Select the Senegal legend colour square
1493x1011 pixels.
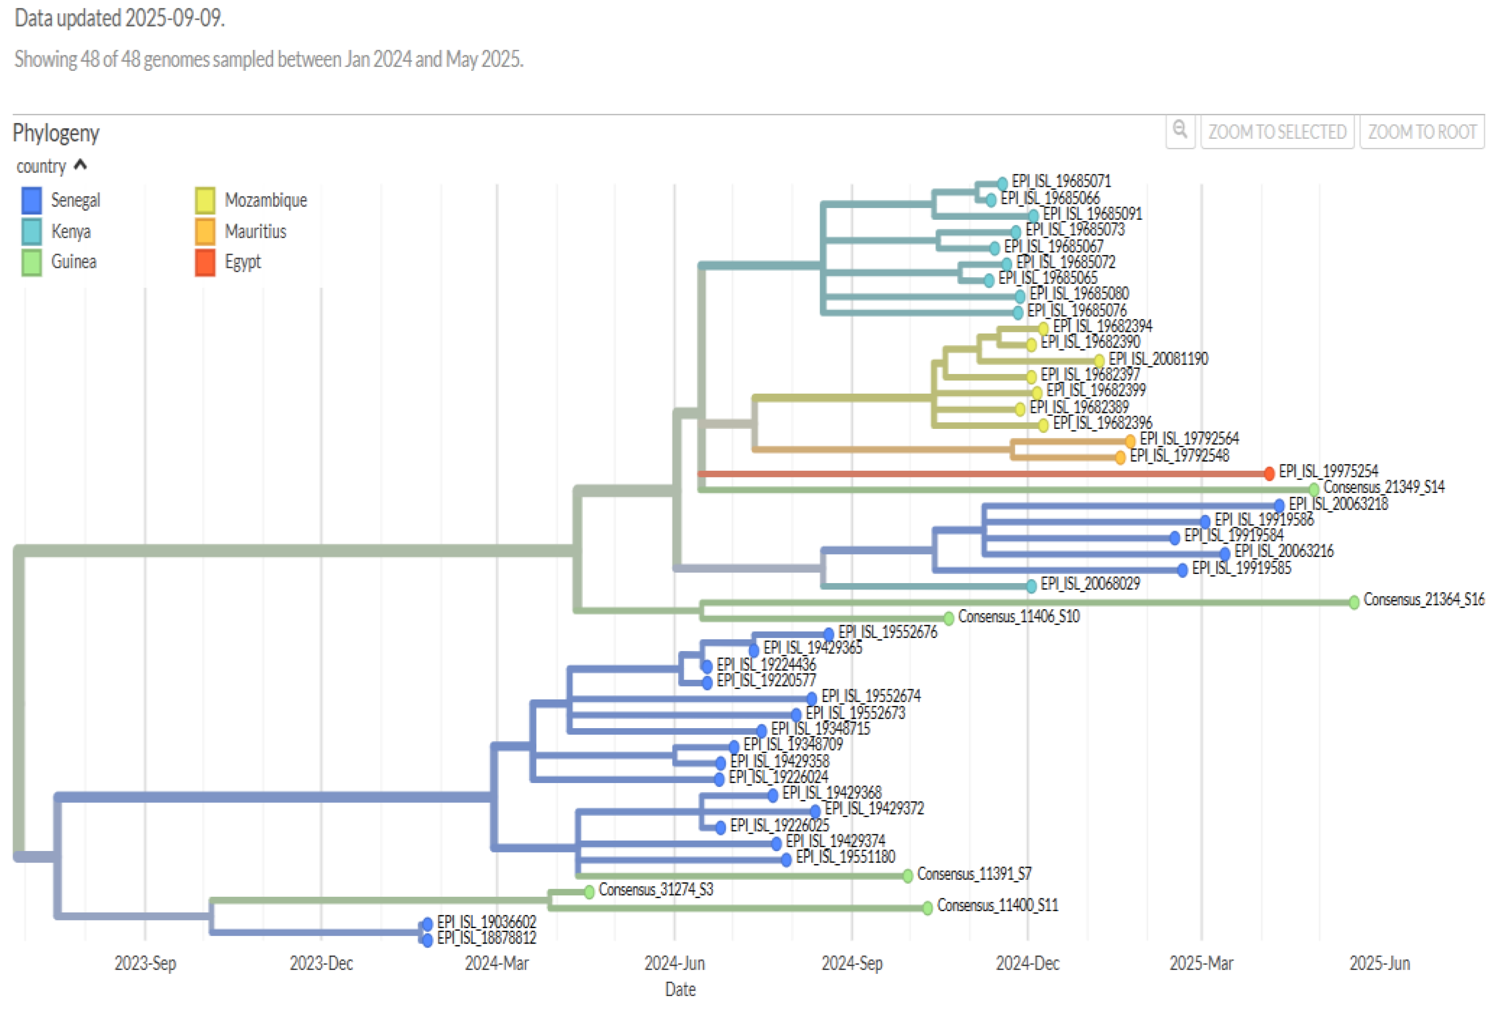(x=31, y=200)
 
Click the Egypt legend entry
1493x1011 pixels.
(x=242, y=262)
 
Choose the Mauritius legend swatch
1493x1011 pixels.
(x=205, y=231)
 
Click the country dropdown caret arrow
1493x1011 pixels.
(x=80, y=166)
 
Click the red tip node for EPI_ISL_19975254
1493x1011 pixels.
(x=1269, y=474)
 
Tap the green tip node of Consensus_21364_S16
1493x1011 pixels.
(x=1354, y=602)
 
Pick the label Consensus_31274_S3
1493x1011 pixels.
(x=655, y=890)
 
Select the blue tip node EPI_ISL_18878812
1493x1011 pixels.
(x=427, y=940)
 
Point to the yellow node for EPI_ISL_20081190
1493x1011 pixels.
(x=1099, y=360)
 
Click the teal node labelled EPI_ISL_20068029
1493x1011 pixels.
(x=1031, y=585)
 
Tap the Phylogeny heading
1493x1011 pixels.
(x=56, y=133)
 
